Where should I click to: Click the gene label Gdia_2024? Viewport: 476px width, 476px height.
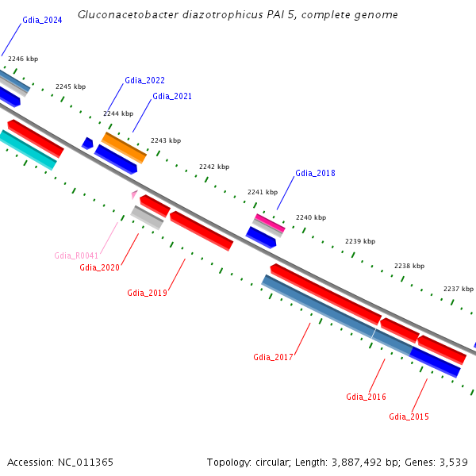42,20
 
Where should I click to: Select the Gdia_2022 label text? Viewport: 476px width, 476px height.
144,80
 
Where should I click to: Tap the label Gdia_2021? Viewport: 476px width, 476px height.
172,96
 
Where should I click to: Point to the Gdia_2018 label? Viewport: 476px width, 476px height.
315,173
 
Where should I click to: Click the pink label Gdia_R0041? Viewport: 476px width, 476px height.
76,255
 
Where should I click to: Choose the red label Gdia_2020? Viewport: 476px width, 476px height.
99,267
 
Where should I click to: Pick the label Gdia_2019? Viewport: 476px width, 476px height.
147,293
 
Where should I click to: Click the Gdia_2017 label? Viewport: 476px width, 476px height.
273,357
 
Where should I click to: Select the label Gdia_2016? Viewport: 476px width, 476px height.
366,397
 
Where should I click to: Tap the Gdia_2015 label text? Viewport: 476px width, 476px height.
409,416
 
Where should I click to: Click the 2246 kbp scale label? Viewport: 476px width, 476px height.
22,59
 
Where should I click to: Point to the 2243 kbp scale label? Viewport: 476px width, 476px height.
166,140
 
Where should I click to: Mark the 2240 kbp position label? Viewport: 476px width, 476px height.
311,217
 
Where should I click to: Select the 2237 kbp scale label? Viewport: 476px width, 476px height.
458,289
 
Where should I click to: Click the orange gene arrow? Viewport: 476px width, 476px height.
124,148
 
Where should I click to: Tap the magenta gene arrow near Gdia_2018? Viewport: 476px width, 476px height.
270,223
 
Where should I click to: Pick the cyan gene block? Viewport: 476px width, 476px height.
29,150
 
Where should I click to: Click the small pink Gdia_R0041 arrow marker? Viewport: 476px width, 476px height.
135,194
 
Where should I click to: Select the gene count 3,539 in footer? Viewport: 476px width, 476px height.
451,462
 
